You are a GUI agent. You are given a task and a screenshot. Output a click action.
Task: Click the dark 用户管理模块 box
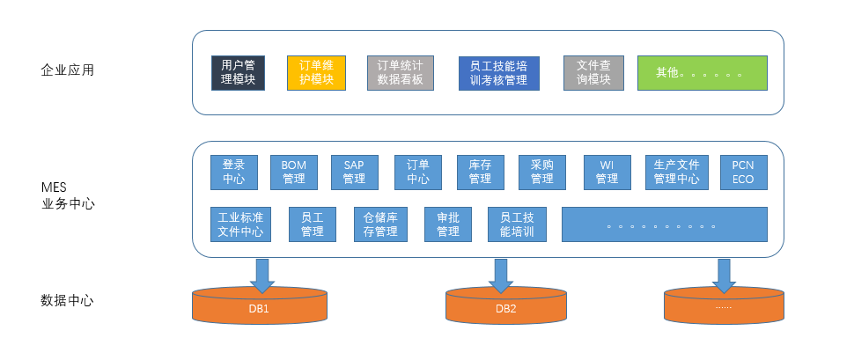[238, 73]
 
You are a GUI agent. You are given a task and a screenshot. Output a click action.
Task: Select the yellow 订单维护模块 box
[316, 73]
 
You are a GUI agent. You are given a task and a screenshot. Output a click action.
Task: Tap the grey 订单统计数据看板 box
[400, 73]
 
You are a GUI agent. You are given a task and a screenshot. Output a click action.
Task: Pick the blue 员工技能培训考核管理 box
[498, 73]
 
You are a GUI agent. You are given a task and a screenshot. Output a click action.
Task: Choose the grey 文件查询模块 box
[593, 73]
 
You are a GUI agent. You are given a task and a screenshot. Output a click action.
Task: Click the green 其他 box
[702, 73]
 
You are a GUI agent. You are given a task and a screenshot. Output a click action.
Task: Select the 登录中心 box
[233, 173]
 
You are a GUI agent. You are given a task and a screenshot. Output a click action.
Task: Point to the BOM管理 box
[293, 173]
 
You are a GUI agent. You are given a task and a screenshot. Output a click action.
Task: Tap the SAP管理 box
[354, 173]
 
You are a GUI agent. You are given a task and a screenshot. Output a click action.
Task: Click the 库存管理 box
[480, 173]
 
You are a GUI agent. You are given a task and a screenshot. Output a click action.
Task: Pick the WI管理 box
[607, 173]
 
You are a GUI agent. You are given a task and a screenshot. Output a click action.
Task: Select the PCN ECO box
[743, 173]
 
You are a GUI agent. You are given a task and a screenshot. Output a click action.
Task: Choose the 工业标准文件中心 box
[240, 224]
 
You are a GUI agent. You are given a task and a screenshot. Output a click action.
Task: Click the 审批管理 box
[447, 224]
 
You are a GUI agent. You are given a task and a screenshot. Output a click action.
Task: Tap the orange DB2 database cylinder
[505, 307]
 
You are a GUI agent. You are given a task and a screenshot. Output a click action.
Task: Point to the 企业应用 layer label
[67, 70]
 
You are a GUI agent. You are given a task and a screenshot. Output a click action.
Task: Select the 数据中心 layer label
[67, 300]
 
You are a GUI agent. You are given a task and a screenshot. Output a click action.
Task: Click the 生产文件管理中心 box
[676, 173]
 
